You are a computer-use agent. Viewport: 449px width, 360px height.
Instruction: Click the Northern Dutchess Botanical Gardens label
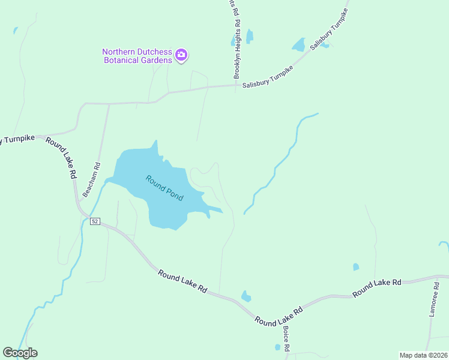[136, 56]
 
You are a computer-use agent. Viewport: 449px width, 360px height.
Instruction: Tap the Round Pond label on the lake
[164, 188]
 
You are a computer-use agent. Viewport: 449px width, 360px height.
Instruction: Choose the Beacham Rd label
[92, 179]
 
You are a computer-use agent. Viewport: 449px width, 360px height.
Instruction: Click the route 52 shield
[95, 221]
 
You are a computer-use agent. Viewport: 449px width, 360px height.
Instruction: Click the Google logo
[20, 352]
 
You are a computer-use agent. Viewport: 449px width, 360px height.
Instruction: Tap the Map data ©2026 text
[423, 355]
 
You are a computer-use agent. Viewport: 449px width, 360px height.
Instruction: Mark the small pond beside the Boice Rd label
[277, 347]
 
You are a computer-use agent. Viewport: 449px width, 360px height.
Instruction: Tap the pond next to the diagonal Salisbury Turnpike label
[298, 45]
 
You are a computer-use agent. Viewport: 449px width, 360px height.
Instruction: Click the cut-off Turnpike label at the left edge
[19, 138]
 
